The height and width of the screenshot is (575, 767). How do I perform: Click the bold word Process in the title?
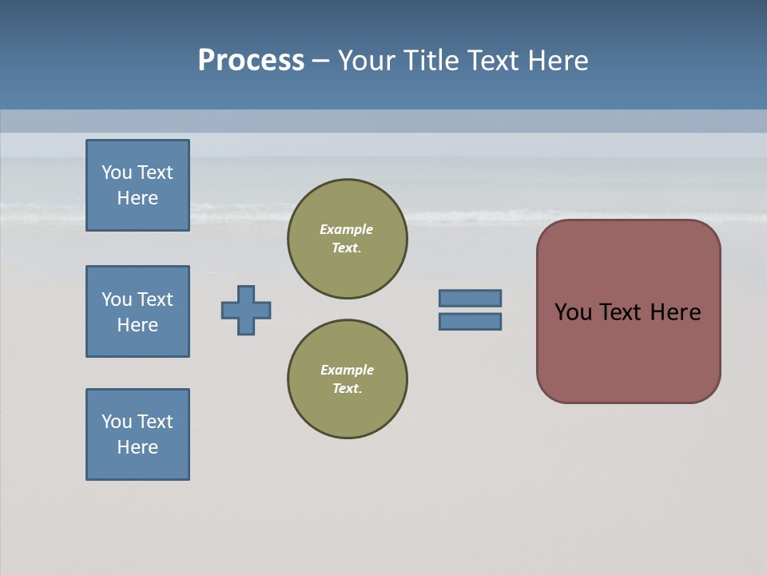click(251, 61)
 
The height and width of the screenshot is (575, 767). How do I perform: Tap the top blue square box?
click(137, 185)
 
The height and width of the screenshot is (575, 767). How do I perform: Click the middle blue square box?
click(137, 311)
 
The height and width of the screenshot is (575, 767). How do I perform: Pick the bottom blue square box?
click(137, 434)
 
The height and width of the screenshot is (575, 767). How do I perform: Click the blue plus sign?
click(246, 310)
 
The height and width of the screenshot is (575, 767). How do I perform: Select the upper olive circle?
click(347, 239)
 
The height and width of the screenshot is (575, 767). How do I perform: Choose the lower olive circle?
click(347, 379)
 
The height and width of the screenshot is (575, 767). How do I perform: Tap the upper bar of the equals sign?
click(470, 298)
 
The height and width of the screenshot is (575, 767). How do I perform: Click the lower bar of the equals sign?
click(470, 322)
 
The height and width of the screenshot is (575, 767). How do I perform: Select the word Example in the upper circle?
click(346, 229)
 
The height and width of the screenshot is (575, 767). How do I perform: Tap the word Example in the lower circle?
click(346, 370)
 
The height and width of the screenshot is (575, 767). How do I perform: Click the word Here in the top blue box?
click(137, 198)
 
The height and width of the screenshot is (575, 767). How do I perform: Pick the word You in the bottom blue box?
click(116, 422)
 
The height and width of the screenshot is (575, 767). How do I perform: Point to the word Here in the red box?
click(675, 312)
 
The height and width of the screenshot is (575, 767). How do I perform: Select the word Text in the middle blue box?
click(155, 299)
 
